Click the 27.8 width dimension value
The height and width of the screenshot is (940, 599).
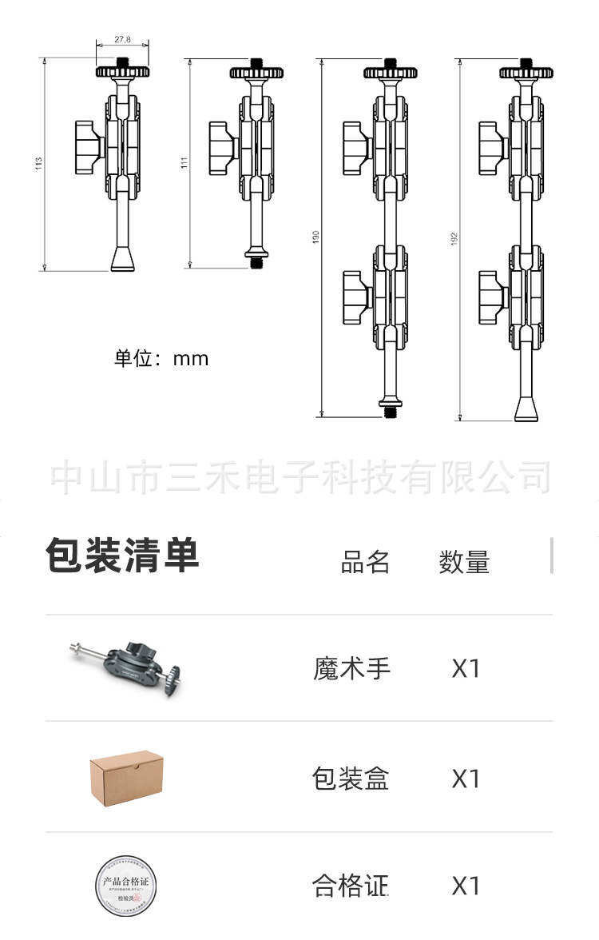(x=122, y=39)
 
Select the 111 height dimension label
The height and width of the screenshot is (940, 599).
(x=183, y=163)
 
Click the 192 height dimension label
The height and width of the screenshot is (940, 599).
(x=454, y=238)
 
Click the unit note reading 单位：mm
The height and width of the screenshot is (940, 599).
(x=161, y=358)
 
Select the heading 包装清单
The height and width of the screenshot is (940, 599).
(x=122, y=556)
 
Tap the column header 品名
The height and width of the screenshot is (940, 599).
(x=365, y=563)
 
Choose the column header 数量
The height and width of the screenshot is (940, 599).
(x=464, y=563)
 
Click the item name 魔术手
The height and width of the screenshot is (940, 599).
(x=351, y=668)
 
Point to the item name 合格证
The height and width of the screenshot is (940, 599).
(x=351, y=886)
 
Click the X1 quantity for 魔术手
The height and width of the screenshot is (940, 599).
(x=466, y=668)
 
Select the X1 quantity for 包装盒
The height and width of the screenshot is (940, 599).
(x=466, y=778)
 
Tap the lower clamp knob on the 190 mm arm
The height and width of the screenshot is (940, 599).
(x=357, y=293)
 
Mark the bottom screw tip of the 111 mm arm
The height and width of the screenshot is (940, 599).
(x=256, y=261)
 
